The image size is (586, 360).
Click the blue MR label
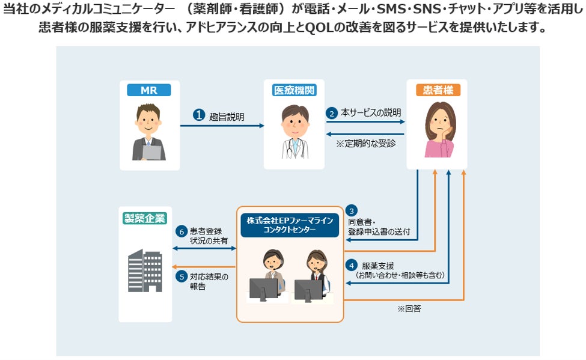[148, 90]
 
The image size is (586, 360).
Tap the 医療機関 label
[295, 90]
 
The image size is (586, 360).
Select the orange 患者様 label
[438, 90]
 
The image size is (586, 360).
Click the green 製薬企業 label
[145, 218]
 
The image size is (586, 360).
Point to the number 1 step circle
[199, 115]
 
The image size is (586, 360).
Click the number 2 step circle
[332, 113]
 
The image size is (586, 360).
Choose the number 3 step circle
[352, 211]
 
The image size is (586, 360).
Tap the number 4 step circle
[352, 266]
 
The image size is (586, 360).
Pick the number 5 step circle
[182, 277]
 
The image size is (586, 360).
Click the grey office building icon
[145, 270]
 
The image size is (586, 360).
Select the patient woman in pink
[440, 129]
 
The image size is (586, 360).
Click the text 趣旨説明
[227, 117]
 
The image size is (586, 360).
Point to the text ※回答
[409, 308]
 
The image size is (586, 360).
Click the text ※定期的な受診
[365, 144]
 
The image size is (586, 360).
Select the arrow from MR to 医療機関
[222, 126]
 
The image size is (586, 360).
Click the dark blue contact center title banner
[290, 225]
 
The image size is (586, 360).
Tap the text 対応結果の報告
[209, 281]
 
